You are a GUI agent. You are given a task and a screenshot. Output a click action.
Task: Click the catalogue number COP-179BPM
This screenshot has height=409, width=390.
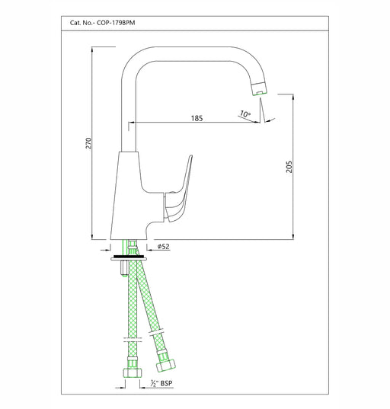point(116,23)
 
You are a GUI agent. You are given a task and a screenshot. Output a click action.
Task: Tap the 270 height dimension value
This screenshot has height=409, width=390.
point(88,143)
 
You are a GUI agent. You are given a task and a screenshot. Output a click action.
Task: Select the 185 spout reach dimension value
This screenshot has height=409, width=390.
point(197,118)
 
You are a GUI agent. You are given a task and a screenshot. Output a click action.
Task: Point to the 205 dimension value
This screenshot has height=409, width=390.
point(289,167)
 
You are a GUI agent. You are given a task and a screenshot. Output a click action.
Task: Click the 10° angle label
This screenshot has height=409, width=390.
point(245,114)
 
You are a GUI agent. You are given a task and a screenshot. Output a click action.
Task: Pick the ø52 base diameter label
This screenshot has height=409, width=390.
point(163,246)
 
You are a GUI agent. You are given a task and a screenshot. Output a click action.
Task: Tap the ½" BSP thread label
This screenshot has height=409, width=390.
point(161,383)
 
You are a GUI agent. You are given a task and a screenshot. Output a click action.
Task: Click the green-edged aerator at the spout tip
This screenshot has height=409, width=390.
point(259,88)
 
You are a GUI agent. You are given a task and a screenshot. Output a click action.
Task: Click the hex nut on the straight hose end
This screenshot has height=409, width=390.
point(133,372)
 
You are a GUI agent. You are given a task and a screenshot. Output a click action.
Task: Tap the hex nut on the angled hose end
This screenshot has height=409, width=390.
point(165,365)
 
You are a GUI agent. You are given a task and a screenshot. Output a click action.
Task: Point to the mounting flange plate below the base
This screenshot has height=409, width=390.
point(129,259)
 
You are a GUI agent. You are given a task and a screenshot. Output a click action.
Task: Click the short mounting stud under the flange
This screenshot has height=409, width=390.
point(124,268)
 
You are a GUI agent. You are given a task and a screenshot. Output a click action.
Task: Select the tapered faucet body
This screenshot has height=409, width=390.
point(129,196)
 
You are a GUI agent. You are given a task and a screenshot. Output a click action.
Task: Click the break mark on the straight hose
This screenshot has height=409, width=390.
point(133,340)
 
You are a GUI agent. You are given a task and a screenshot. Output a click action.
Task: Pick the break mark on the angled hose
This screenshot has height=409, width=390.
point(156,331)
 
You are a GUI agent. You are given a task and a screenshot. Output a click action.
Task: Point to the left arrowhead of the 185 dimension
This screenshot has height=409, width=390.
point(131,122)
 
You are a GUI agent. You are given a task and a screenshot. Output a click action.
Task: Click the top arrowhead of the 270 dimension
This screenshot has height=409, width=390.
point(92,50)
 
